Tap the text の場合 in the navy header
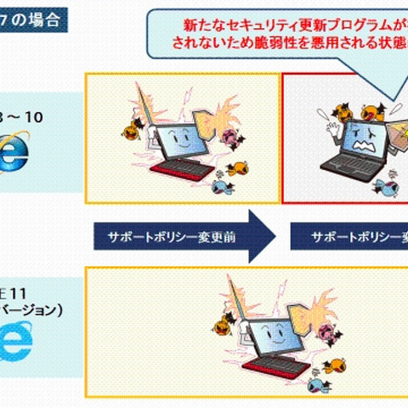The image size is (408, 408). pyautogui.click(x=39, y=19)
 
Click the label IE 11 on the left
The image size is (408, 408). pyautogui.click(x=18, y=293)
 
